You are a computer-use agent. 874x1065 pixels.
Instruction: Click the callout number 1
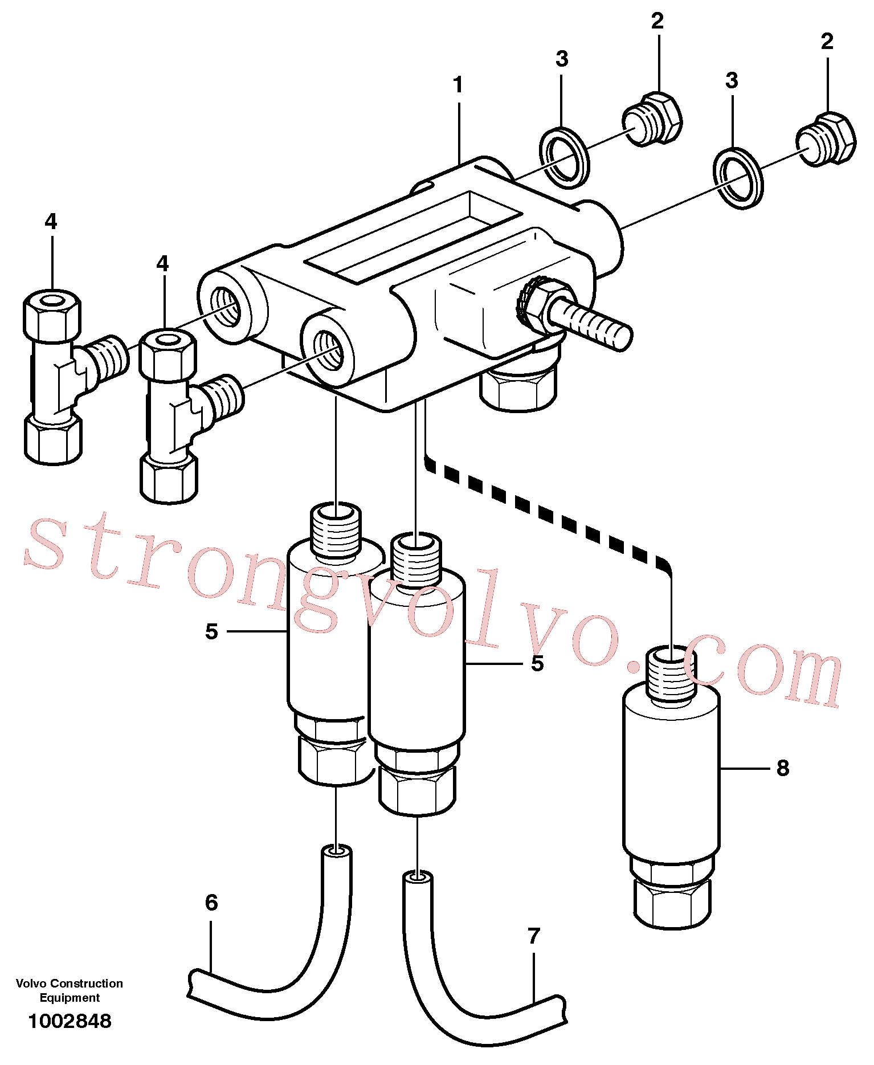pyautogui.click(x=458, y=85)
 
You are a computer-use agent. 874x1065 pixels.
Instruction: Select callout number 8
pyautogui.click(x=783, y=768)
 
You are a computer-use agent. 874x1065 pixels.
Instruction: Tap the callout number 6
pyautogui.click(x=211, y=903)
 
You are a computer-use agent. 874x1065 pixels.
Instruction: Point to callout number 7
pyautogui.click(x=533, y=936)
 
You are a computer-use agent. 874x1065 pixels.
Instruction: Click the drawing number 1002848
pyautogui.click(x=70, y=1021)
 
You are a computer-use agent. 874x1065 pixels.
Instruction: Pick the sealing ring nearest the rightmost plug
pyautogui.click(x=738, y=178)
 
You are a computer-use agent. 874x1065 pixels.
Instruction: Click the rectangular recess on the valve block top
pyautogui.click(x=414, y=235)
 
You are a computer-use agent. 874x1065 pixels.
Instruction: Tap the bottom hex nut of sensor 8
pyautogui.click(x=672, y=903)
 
